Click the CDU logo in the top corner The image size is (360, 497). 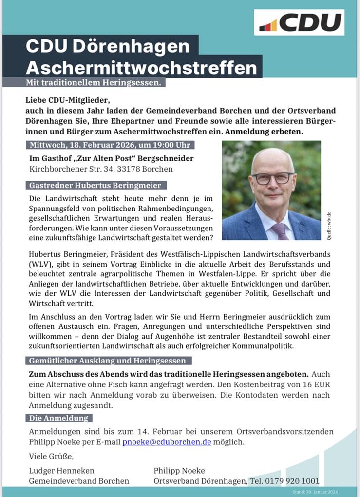(299, 22)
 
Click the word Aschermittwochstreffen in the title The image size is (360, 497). (141, 67)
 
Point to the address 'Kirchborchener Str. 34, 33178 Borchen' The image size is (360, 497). (101, 169)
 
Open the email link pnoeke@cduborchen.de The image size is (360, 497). (167, 442)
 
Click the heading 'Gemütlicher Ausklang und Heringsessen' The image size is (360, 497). (107, 361)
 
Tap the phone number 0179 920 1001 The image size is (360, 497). (291, 481)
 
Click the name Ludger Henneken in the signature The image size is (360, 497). (62, 470)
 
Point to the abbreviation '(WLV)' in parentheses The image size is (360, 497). (38, 264)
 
